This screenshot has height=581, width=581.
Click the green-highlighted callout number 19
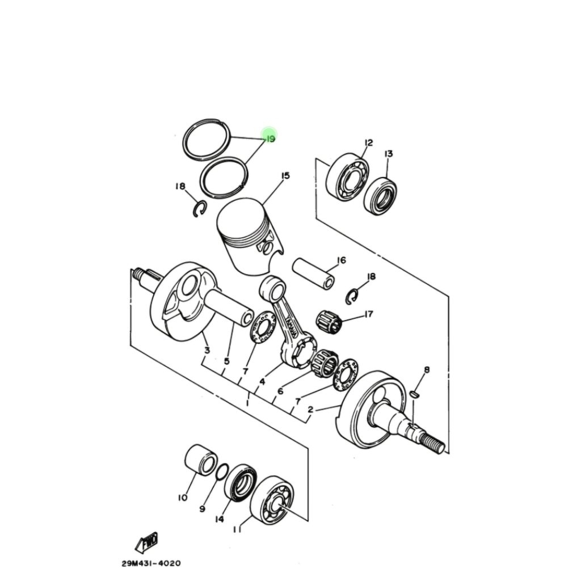[x=271, y=139]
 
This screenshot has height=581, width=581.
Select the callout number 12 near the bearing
[x=368, y=142]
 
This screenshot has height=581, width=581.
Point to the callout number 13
[x=388, y=153]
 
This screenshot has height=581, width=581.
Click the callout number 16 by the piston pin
[x=341, y=260]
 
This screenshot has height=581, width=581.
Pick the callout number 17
[x=368, y=314]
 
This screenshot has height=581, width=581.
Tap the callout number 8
[x=427, y=369]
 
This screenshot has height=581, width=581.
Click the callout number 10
[x=183, y=498]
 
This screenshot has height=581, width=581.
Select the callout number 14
[x=220, y=519]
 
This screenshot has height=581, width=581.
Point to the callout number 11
[x=237, y=529]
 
